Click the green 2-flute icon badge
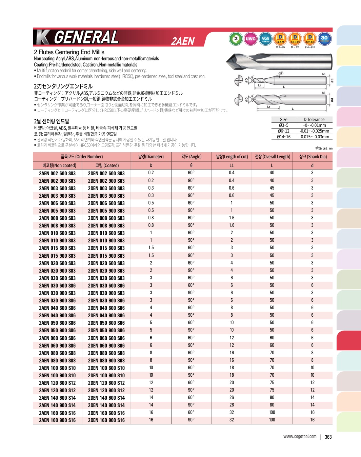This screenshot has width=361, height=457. (236, 39)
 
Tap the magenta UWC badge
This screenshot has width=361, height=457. (250, 39)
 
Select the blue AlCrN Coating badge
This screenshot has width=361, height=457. (265, 39)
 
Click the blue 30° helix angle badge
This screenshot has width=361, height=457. (325, 39)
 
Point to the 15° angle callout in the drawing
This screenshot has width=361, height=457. (281, 73)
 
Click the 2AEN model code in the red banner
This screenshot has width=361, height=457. (183, 41)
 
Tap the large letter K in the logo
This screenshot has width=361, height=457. (43, 37)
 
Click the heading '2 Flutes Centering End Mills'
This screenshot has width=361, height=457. (69, 52)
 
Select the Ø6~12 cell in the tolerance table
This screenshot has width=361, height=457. (284, 131)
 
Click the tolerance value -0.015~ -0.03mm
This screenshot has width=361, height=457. (314, 137)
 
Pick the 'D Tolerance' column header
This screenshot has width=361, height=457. (314, 120)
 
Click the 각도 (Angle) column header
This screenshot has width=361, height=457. (191, 157)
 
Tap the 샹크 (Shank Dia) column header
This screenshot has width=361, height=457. (313, 157)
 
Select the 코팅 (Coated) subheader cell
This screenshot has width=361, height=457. (107, 165)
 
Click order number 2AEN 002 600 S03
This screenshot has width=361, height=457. (57, 173)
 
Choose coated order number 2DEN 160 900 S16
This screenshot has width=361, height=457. (106, 420)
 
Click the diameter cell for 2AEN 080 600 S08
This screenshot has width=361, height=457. (151, 353)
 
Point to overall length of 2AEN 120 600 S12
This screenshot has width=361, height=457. (272, 383)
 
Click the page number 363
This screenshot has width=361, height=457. (328, 437)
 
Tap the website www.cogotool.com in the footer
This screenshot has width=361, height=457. (300, 437)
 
